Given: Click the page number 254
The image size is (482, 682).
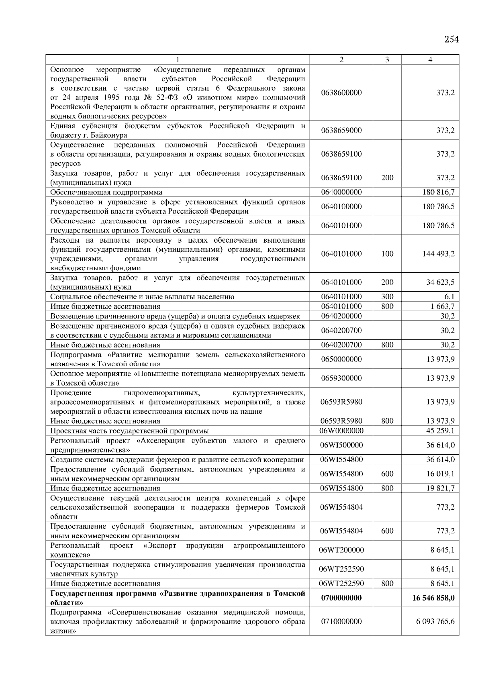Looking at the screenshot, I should click(x=451, y=39).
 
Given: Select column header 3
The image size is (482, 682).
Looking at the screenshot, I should click(x=387, y=60).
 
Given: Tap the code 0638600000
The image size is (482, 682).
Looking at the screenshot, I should click(x=341, y=93).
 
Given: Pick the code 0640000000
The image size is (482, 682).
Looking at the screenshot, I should click(x=341, y=192).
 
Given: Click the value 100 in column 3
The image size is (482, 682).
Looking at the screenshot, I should click(x=387, y=254).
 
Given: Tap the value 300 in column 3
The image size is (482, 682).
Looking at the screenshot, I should click(x=387, y=297).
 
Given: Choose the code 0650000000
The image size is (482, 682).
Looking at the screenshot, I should click(x=341, y=359).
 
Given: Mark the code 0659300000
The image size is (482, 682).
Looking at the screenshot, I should click(x=341, y=378).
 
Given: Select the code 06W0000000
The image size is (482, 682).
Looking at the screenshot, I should click(x=341, y=431).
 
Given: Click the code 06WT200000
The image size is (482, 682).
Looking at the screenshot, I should click(x=341, y=550).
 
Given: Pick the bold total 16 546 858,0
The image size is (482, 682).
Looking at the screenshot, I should click(x=433, y=598).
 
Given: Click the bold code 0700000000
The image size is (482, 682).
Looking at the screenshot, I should click(x=341, y=598).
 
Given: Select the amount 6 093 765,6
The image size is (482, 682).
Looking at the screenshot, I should click(x=435, y=621).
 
